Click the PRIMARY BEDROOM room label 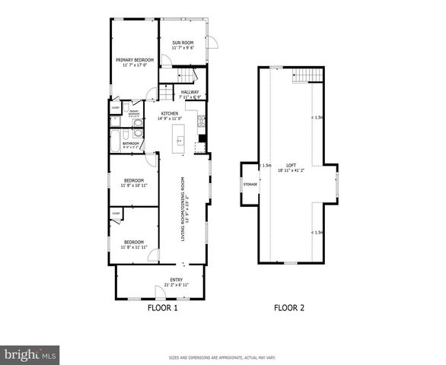pyautogui.click(x=135, y=59)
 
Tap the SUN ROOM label pyautogui.click(x=183, y=43)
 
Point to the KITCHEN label pyautogui.click(x=169, y=113)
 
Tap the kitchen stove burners pyautogui.click(x=201, y=119)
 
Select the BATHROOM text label pyautogui.click(x=130, y=142)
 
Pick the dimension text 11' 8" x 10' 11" pyautogui.click(x=134, y=185)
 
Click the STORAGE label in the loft pyautogui.click(x=250, y=184)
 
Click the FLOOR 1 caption pyautogui.click(x=161, y=309)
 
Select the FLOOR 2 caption pyautogui.click(x=289, y=309)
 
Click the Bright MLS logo pyautogui.click(x=30, y=354)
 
